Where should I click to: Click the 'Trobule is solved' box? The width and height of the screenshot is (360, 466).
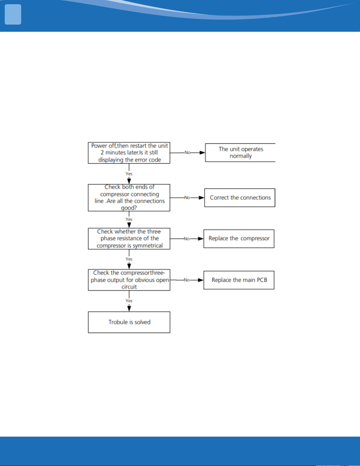129,322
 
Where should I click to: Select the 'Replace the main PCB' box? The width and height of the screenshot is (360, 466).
239,280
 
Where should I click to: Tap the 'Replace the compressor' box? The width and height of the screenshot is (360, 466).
239,238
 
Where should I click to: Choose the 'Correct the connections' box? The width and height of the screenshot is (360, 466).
240,198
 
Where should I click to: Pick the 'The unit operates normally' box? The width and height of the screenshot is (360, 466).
240,153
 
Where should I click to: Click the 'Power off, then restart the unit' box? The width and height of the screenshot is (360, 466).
129,153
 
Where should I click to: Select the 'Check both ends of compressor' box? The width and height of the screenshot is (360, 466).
129,198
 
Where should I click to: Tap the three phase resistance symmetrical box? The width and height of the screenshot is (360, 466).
129,239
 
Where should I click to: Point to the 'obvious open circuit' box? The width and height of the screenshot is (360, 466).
129,280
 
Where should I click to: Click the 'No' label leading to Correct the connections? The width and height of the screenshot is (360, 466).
187,198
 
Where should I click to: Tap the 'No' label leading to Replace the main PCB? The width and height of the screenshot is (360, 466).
186,280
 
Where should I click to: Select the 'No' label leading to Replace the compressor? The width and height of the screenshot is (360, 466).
187,239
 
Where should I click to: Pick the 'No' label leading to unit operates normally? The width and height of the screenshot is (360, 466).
188,153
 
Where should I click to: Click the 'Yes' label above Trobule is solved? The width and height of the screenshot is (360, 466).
129,301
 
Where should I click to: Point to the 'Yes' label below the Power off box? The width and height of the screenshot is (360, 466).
129,174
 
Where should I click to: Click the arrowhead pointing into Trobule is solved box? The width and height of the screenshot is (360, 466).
129,308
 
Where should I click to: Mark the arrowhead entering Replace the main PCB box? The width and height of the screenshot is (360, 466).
201,280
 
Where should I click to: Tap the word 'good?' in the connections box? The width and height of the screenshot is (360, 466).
129,208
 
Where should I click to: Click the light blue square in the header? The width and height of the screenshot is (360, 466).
13,15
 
